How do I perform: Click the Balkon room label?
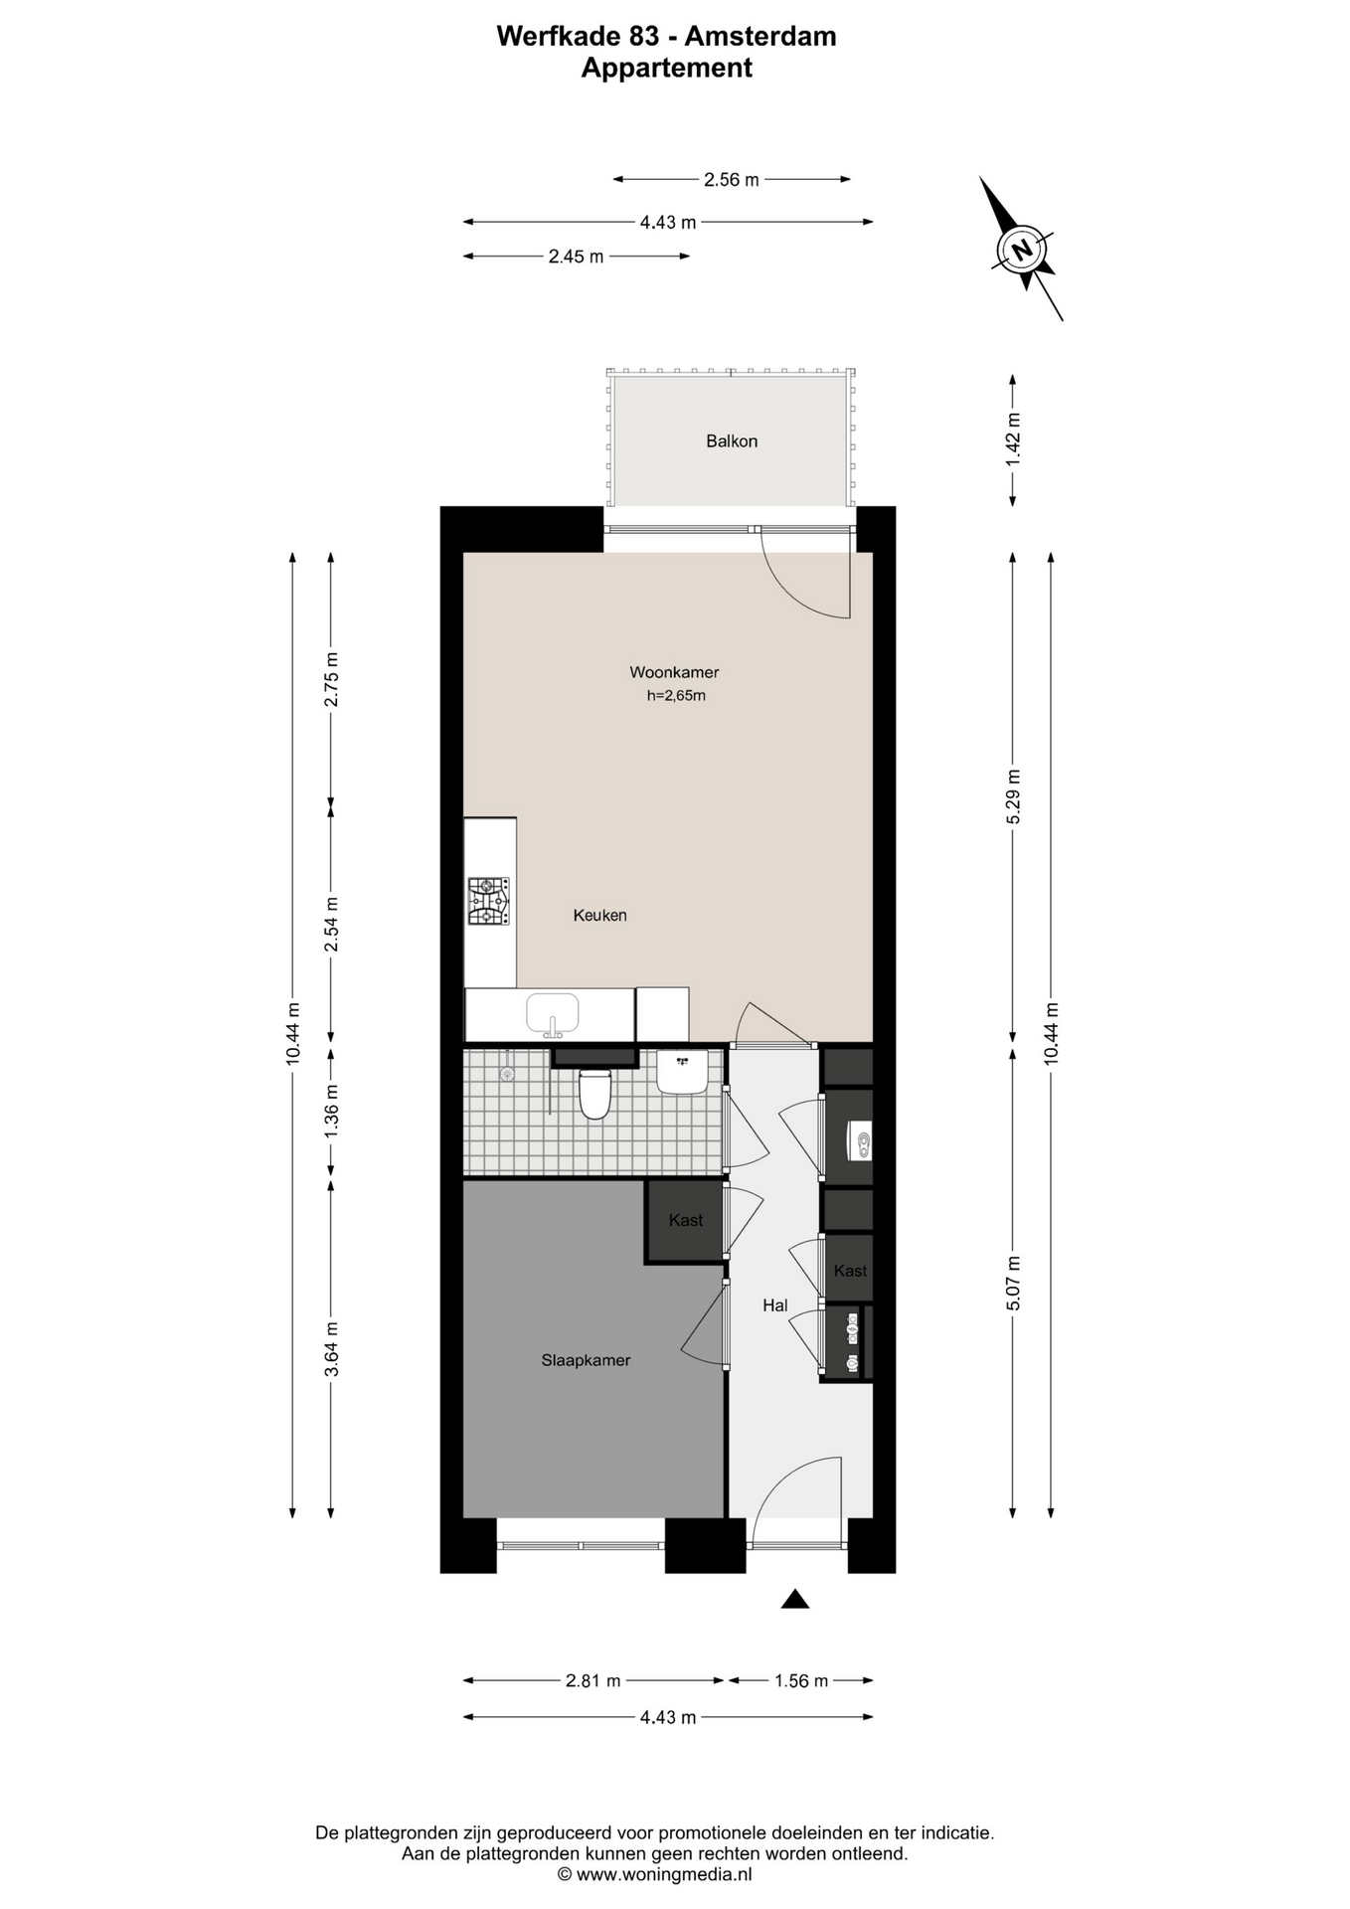(x=732, y=441)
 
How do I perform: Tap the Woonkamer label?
(x=674, y=672)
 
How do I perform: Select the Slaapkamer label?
(x=586, y=1360)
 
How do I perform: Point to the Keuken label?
(x=599, y=915)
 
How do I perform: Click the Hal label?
(x=774, y=1305)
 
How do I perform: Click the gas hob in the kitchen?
(x=489, y=901)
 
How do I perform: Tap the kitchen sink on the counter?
(x=553, y=1014)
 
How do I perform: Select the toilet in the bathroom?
(x=594, y=1093)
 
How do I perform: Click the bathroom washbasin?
(x=682, y=1072)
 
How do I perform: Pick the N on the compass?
(x=1022, y=249)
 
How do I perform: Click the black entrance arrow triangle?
(x=794, y=1599)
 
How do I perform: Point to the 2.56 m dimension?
(x=732, y=180)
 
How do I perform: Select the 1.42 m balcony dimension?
(x=1013, y=439)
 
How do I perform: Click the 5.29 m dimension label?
(x=1013, y=796)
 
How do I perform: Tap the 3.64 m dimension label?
(x=332, y=1349)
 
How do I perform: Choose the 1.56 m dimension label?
(x=801, y=1680)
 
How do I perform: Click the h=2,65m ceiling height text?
(x=676, y=696)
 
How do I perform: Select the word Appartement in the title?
(x=666, y=68)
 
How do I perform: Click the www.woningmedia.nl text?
(x=664, y=1874)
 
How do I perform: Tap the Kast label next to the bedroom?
(x=686, y=1220)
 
